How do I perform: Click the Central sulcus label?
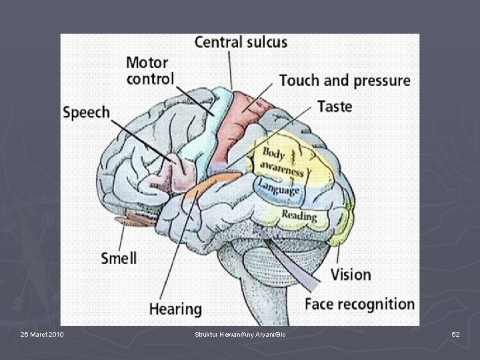tap(241, 42)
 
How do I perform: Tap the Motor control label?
tap(150, 71)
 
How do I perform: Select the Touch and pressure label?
tap(344, 81)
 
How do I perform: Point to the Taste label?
tap(334, 106)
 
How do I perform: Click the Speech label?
tap(86, 112)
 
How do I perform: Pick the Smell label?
tap(119, 257)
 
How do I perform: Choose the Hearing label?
tap(175, 309)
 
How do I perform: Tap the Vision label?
tap(351, 274)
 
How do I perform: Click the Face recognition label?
tap(359, 305)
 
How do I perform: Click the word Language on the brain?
tap(279, 187)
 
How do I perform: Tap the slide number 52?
tap(455, 333)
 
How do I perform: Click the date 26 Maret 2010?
tap(42, 333)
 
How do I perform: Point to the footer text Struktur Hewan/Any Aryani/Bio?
tap(240, 333)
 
